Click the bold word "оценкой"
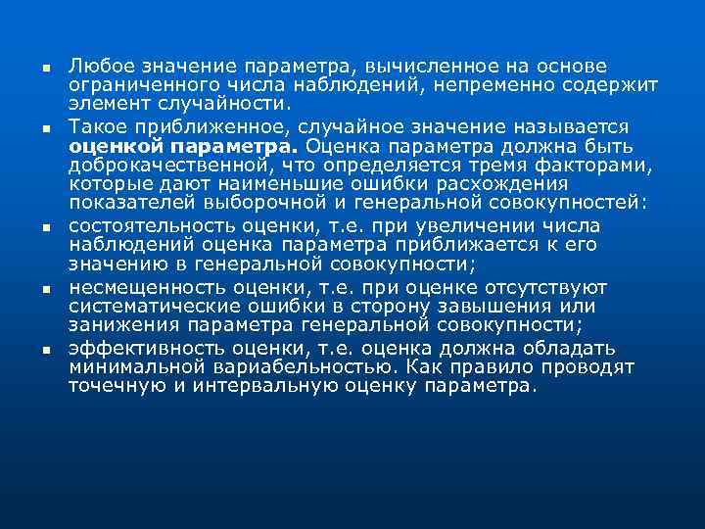pyautogui.click(x=111, y=146)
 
